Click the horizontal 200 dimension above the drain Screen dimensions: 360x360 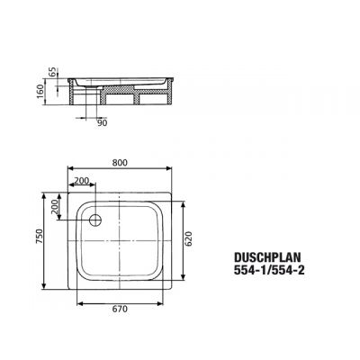[83, 181]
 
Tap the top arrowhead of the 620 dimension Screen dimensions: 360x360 [182, 200]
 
